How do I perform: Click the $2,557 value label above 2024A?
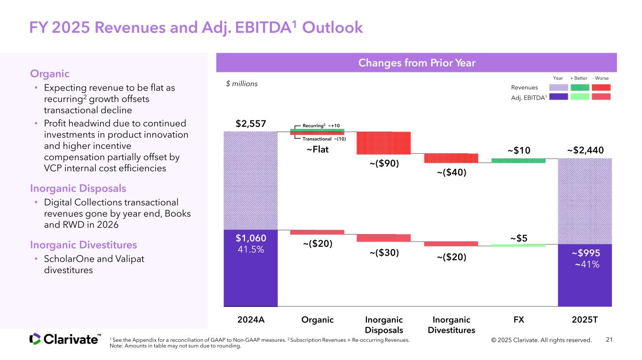click(251, 124)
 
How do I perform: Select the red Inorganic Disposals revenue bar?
click(383, 142)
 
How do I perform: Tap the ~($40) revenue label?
click(452, 172)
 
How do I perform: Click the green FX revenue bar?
click(518, 160)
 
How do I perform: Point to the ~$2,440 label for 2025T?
click(585, 150)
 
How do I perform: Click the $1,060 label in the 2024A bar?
click(251, 238)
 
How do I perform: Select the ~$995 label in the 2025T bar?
click(585, 253)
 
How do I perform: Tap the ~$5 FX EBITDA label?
click(518, 238)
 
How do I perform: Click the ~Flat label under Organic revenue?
click(317, 150)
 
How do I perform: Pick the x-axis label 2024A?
click(251, 320)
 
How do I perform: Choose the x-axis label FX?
click(518, 320)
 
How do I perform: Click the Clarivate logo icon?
click(35, 339)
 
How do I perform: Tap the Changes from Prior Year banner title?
click(416, 63)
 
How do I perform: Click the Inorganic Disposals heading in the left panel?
click(78, 188)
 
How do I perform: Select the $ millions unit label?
click(242, 84)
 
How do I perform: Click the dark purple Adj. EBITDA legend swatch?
click(558, 96)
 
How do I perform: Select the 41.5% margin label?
click(251, 250)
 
